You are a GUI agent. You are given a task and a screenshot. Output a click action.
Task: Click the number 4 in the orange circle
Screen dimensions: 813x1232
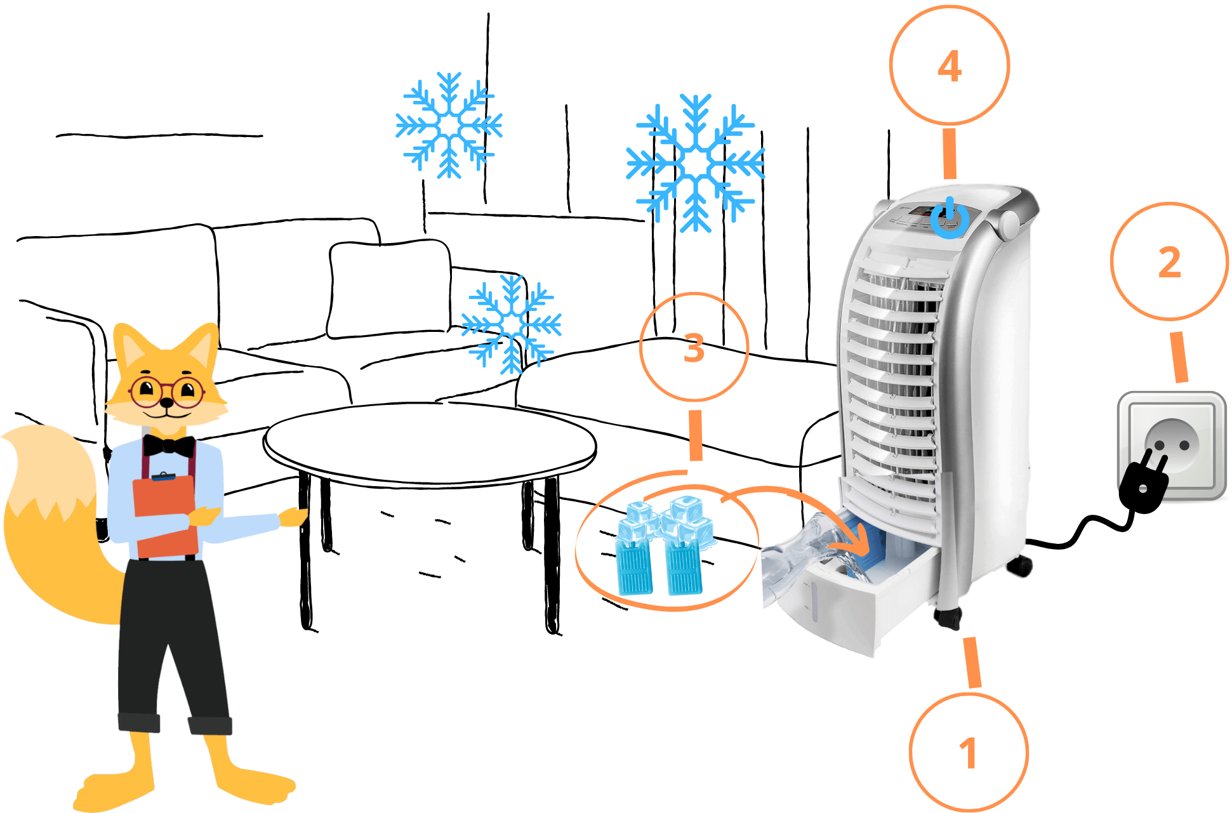pos(949,66)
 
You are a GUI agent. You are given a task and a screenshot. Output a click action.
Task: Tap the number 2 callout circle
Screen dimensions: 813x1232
pos(1169,262)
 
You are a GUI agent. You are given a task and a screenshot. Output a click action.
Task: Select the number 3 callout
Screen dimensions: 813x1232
pos(694,348)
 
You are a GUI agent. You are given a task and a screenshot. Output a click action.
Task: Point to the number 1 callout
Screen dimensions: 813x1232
pos(968,753)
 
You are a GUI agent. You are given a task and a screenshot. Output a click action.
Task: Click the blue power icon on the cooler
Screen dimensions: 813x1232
pos(950,218)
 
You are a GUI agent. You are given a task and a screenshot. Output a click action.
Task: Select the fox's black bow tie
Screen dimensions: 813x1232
pos(169,446)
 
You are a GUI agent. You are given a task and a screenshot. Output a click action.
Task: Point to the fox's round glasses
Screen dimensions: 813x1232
pos(167,392)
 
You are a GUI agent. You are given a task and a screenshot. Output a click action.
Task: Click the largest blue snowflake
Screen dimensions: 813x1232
pos(696,164)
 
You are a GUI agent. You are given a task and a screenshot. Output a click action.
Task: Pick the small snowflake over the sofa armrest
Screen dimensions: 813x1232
pos(511,324)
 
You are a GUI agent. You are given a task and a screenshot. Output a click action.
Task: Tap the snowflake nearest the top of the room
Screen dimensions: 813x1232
pos(449,125)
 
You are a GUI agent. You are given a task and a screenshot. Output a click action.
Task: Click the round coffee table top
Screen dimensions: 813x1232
pos(430,444)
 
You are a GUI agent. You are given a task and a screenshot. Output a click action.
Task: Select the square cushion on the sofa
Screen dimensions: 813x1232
pos(390,289)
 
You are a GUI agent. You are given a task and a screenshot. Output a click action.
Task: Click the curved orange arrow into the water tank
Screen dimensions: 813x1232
pos(800,508)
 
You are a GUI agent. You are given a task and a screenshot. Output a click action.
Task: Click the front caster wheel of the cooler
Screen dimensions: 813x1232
pos(948,617)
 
